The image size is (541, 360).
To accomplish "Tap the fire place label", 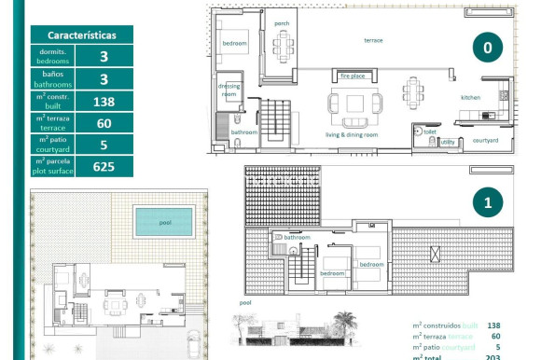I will (353, 76).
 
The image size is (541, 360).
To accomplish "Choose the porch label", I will (281, 23).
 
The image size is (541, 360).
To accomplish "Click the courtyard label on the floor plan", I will (485, 141).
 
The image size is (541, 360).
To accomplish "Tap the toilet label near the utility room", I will (430, 132).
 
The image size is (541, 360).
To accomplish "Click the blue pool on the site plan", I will (164, 223).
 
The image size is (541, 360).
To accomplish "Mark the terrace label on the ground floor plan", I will (373, 41).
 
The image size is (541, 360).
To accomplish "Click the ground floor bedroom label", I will (234, 44).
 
